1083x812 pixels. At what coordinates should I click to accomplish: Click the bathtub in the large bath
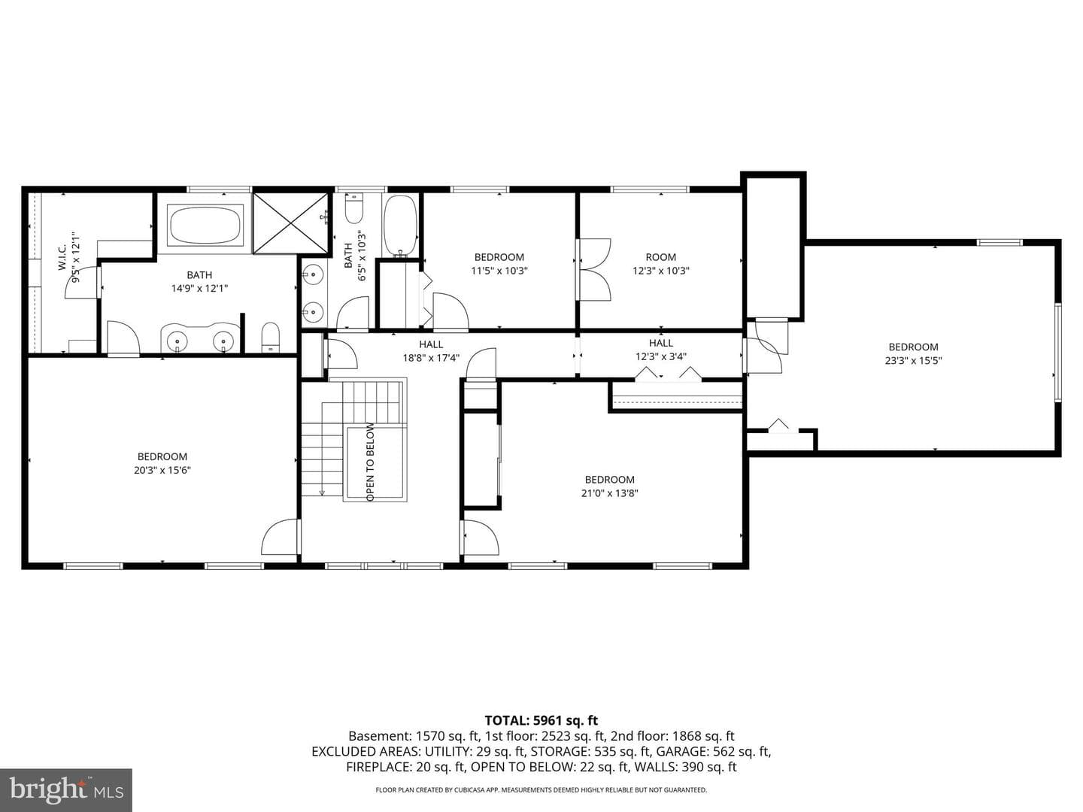click(205, 226)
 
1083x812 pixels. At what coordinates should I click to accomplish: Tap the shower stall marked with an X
click(290, 223)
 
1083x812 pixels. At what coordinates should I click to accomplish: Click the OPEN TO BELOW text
click(371, 462)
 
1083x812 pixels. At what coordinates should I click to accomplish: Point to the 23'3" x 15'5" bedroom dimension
click(913, 360)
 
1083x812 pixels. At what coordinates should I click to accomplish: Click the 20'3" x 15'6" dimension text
click(162, 471)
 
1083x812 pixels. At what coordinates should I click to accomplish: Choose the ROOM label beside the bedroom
click(660, 257)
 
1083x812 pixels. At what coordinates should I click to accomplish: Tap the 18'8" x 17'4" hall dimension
click(431, 357)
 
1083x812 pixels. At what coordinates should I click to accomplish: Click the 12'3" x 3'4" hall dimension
click(660, 356)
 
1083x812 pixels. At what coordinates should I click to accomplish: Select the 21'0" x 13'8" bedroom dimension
click(609, 493)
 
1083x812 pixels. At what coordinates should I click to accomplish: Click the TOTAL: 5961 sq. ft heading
click(541, 721)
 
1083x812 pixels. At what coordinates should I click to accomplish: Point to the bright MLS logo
click(66, 789)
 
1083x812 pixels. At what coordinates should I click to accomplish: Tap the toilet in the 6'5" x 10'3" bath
click(353, 209)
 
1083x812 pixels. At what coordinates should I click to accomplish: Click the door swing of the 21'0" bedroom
click(481, 538)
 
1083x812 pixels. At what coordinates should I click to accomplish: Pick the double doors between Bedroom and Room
click(594, 269)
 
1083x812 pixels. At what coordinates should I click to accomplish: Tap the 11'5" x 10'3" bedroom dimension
click(499, 271)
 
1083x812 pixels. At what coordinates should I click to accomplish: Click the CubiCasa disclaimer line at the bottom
click(541, 789)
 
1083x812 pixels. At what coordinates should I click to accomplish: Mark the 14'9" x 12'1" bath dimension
click(199, 289)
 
